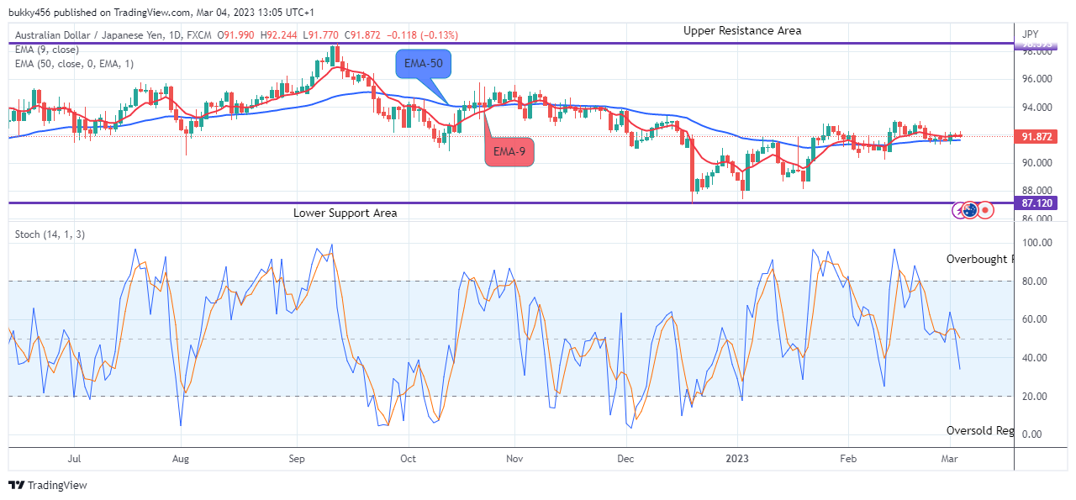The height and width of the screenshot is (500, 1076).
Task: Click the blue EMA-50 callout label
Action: pos(424,64)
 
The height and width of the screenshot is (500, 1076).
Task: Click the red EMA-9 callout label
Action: pos(509,151)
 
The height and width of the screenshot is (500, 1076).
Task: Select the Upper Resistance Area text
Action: pos(741,30)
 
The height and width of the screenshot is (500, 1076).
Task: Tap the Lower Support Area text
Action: pos(345,213)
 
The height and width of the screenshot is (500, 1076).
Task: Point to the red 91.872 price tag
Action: pos(1037,136)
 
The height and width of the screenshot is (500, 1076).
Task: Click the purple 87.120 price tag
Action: pos(1037,203)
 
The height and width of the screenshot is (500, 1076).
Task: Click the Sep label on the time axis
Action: pos(296,459)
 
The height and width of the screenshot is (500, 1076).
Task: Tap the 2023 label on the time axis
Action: pos(737,459)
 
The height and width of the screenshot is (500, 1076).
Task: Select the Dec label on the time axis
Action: pos(625,459)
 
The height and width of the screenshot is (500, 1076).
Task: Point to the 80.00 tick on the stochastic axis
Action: pos(1036,282)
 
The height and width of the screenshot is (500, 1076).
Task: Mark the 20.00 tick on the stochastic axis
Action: pos(1036,397)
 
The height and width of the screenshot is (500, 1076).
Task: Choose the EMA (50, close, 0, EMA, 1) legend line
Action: pos(74,63)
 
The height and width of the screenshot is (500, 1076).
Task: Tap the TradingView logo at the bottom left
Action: pos(48,485)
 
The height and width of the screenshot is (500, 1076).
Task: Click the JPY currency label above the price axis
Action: pos(1030,34)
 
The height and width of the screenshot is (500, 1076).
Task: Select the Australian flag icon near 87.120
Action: pos(970,210)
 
